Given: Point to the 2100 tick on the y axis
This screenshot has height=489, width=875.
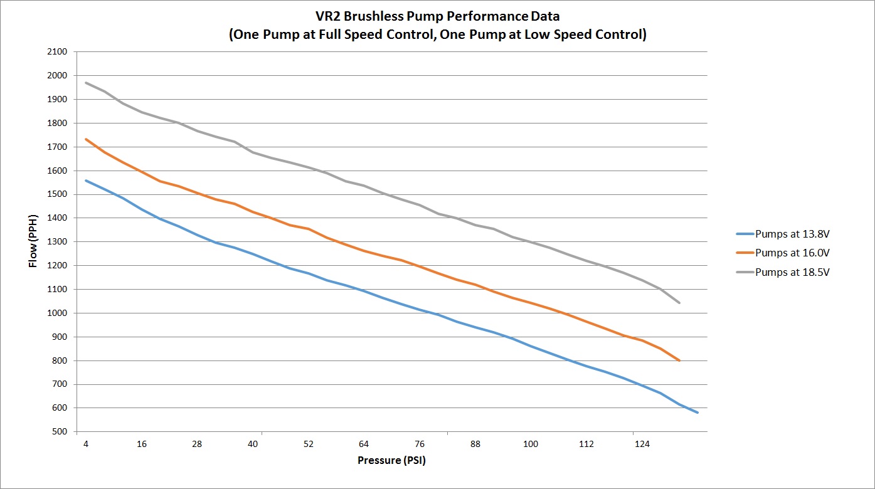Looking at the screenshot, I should pos(57,52).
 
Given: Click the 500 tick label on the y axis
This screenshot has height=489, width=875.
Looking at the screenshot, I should pos(59,432).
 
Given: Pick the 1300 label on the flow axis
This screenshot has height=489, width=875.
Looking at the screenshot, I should pos(57,242).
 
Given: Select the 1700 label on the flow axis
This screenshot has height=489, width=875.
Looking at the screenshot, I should pos(57,147).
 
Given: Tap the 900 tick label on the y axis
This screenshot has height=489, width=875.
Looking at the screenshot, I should pos(59,337).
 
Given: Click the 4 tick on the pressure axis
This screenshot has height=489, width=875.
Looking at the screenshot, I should pos(86,444).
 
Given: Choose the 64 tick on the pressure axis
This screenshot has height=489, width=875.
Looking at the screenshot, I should pos(364,444).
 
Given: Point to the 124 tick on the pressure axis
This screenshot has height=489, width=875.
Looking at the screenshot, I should pos(642,444).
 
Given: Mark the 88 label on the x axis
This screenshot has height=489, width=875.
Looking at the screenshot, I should pos(475,444).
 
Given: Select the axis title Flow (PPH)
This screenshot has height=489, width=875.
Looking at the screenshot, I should pos(33,242).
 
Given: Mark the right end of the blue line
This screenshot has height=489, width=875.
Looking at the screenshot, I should pos(697,413).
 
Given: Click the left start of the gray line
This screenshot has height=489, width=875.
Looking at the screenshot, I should pos(86,83).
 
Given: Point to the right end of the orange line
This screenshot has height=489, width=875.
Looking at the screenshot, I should pos(679,360).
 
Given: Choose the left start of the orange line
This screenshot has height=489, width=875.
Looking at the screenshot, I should pos(86,139).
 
